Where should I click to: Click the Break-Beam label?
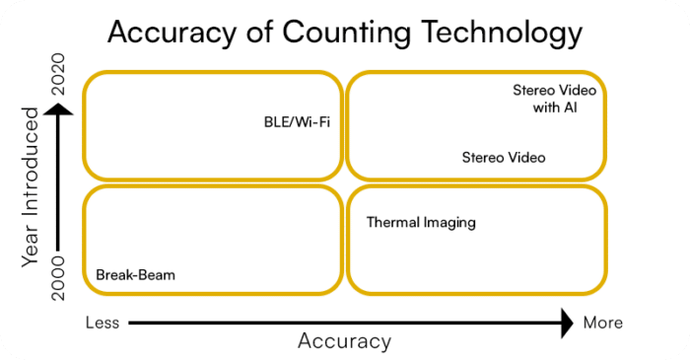coord(135,275)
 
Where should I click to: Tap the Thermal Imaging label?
coord(421,223)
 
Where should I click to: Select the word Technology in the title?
coord(503,34)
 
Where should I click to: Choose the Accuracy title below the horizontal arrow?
coord(344,341)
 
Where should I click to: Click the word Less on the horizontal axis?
coord(103,323)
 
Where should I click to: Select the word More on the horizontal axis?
coord(602,323)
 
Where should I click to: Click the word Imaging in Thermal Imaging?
coord(449,223)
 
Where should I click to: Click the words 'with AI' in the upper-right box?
coord(554,107)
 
